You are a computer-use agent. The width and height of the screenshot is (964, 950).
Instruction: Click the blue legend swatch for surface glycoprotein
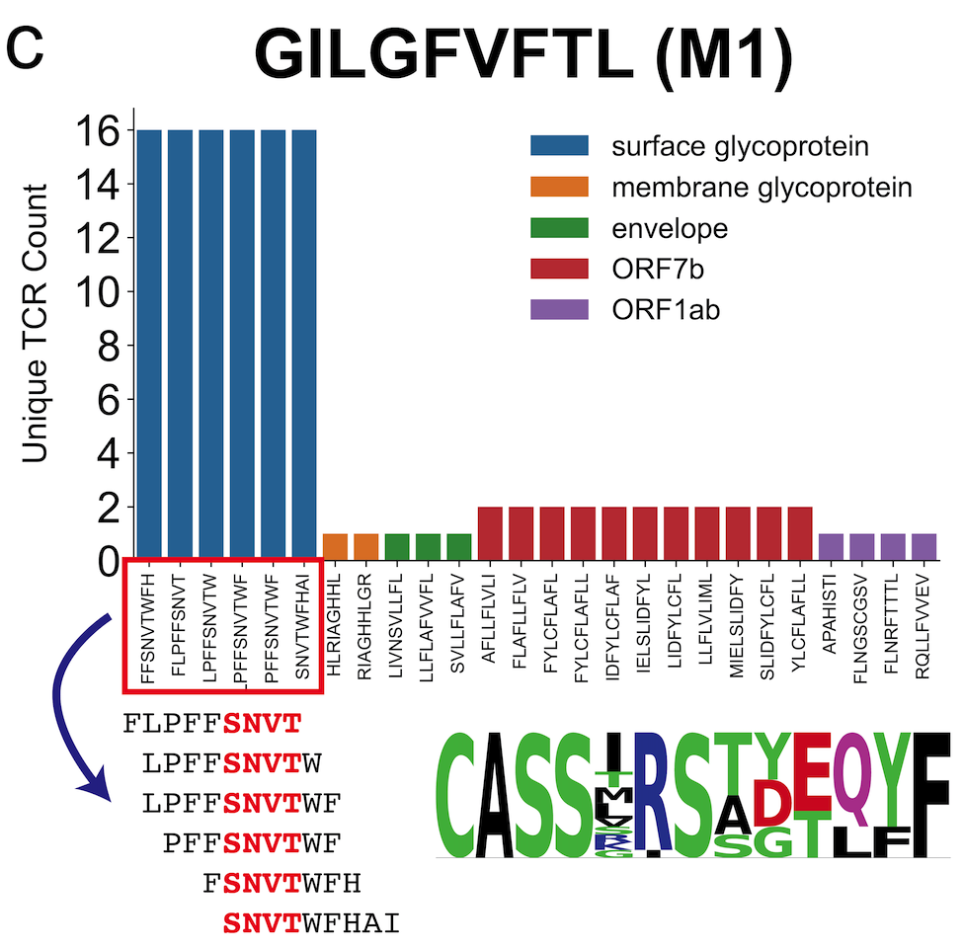point(559,146)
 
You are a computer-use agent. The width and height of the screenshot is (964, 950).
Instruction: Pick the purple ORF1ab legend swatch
point(559,310)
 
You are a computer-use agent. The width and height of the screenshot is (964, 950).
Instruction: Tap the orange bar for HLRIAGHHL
point(336,546)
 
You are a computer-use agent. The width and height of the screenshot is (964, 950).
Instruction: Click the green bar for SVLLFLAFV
point(459,546)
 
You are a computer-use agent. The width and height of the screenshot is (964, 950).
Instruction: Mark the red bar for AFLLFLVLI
point(491,533)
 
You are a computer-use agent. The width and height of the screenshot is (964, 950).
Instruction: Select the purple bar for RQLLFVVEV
point(924,546)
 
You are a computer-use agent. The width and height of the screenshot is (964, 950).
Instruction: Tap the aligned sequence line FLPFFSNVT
point(211,724)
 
